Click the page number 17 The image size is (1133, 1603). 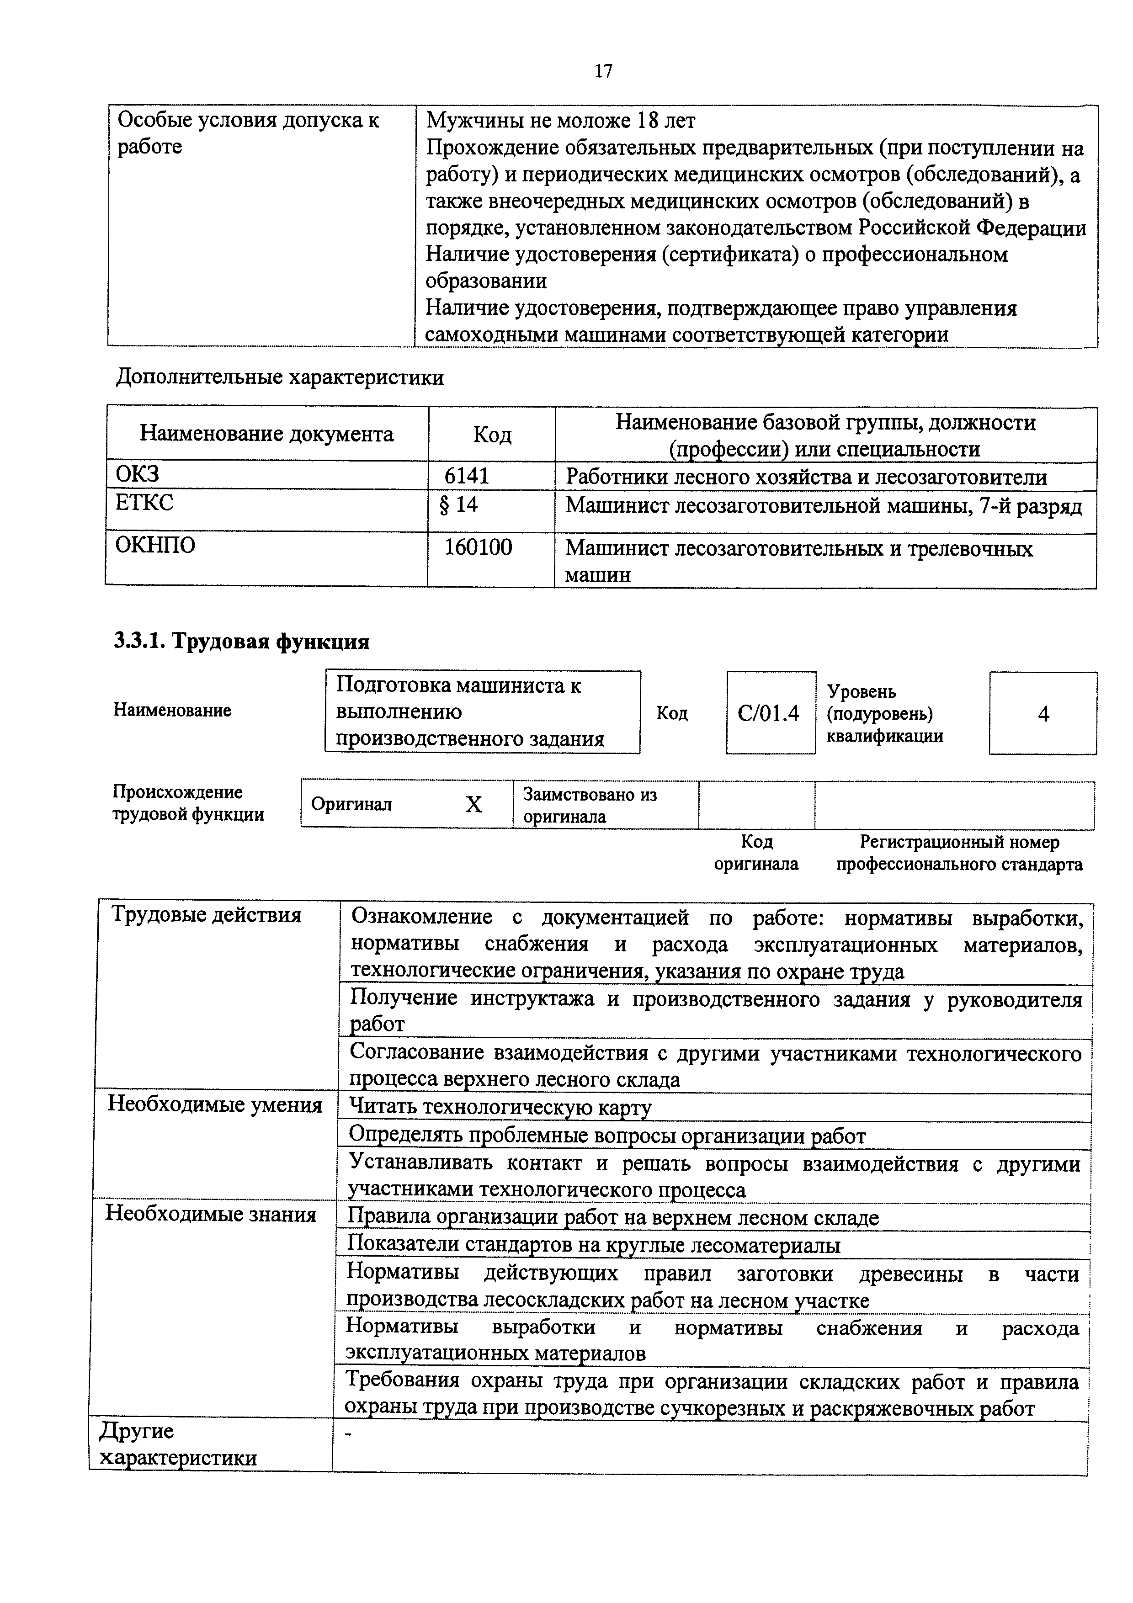(x=603, y=71)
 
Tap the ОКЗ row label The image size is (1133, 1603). (x=138, y=475)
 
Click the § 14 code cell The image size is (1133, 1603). (x=459, y=504)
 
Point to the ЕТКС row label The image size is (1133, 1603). (x=144, y=503)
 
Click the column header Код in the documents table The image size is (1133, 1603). (x=492, y=435)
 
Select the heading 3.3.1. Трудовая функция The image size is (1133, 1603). (x=241, y=641)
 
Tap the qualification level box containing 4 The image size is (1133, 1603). (x=1043, y=713)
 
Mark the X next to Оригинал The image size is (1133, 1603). (x=473, y=805)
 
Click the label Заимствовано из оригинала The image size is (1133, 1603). (x=590, y=805)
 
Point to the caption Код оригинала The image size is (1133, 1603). (x=756, y=853)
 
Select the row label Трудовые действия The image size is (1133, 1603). (x=207, y=915)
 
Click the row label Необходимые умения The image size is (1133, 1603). (x=215, y=1105)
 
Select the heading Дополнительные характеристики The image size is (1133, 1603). (x=279, y=378)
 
